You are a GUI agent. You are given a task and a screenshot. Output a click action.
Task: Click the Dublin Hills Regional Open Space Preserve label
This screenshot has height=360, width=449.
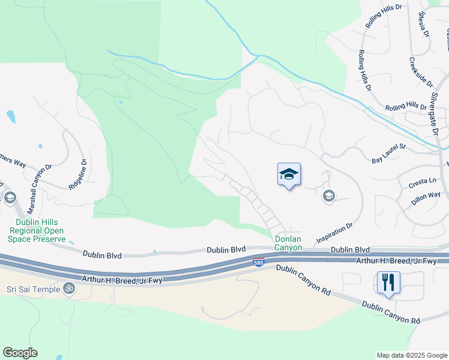point(37,230)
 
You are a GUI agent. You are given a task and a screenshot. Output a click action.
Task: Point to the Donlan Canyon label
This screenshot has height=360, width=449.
point(288,243)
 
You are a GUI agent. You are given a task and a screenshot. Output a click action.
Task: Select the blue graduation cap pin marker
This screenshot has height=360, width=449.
point(289,175)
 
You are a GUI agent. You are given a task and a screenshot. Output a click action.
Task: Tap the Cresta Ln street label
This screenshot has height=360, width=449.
point(422,181)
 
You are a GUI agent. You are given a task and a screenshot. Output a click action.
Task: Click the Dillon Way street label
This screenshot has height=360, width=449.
point(426,199)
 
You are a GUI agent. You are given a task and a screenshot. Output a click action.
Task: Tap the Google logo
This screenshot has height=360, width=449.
point(20,353)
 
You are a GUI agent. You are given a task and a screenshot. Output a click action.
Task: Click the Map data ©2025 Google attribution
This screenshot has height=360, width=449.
point(411,355)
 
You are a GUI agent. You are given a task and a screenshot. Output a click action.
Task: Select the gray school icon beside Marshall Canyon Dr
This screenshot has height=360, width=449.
point(10,197)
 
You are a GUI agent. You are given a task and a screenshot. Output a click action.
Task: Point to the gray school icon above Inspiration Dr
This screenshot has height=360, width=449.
point(328,196)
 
